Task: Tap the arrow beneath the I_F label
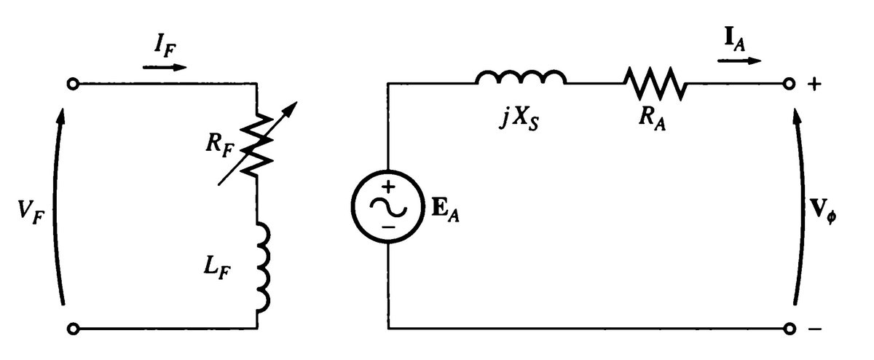pos(165,68)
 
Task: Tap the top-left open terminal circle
pos(72,85)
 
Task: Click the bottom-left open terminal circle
pos(72,329)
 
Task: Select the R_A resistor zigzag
pos(654,84)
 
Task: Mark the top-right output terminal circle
pos(789,85)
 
